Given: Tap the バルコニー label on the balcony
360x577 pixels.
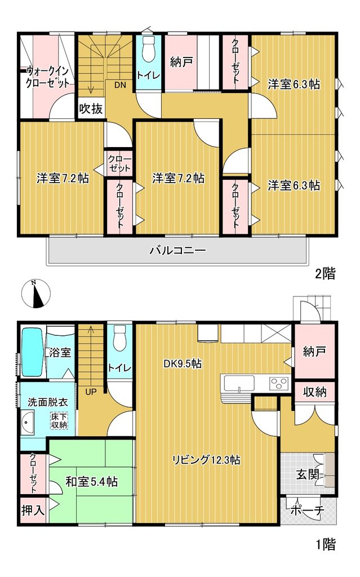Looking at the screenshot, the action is [177, 251].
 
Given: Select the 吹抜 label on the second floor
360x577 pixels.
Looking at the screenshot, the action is [91, 109].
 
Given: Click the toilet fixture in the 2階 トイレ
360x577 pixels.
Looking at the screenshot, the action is [149, 49].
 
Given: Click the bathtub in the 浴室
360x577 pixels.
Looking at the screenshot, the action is [32, 352].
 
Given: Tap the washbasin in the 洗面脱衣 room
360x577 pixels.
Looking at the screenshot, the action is [27, 423].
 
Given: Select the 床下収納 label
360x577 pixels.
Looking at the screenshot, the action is [59, 420].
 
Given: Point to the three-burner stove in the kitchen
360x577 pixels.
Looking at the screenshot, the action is [279, 383].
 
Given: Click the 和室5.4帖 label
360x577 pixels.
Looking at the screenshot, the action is [92, 481].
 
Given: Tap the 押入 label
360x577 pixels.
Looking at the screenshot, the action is [33, 510].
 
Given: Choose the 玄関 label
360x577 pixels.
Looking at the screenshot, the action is [308, 474].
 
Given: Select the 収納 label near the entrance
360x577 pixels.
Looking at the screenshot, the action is [315, 392].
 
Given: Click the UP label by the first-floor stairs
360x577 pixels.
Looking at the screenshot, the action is [91, 392].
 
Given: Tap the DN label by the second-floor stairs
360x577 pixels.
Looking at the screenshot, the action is [120, 85].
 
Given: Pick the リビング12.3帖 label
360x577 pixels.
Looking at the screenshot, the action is [207, 460].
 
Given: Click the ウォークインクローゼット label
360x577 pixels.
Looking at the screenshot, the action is [48, 76].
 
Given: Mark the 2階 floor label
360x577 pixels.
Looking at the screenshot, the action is [325, 274].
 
